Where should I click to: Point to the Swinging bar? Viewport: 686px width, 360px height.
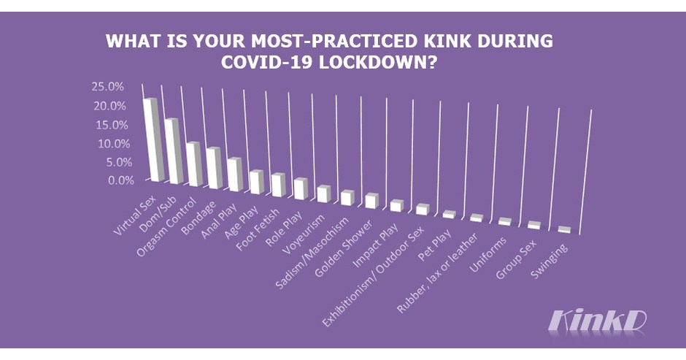tap(564, 229)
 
